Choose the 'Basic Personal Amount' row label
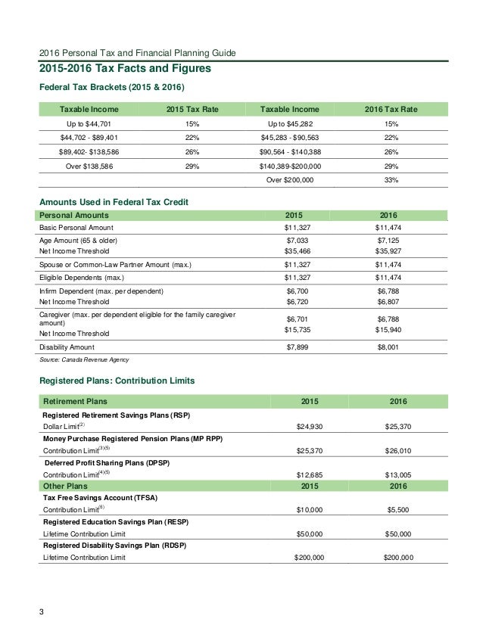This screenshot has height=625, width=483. tap(76, 228)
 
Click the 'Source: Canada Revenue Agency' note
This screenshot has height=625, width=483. tap(85, 359)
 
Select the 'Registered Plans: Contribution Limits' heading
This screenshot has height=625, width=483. tap(117, 381)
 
